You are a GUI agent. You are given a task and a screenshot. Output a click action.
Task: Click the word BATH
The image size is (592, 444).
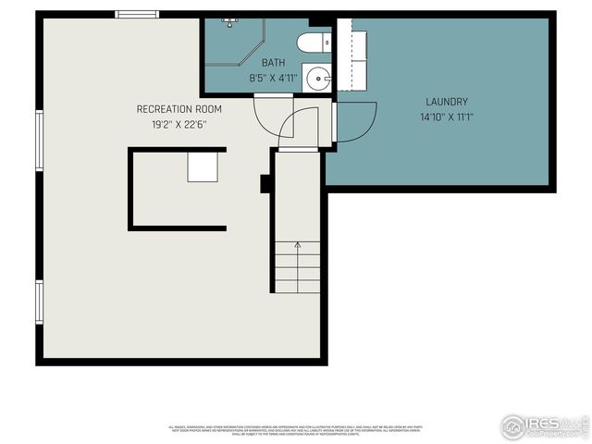(273, 63)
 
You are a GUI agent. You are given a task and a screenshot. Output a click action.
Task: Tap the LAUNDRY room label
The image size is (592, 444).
(447, 102)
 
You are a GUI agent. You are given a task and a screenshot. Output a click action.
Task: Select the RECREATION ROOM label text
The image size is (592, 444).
(179, 109)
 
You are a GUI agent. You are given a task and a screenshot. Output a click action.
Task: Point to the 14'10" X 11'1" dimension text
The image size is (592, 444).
(447, 117)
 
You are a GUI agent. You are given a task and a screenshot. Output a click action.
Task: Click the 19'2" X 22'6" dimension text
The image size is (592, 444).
(179, 125)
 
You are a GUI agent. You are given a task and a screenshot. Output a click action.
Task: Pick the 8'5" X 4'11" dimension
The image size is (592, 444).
(273, 79)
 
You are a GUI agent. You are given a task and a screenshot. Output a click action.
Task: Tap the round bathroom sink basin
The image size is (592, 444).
(318, 79)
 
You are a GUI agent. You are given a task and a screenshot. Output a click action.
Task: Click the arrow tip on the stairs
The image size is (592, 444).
(297, 244)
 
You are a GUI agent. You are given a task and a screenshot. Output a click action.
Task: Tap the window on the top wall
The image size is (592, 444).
(137, 14)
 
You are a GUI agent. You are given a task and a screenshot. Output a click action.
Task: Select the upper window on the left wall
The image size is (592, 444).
(39, 141)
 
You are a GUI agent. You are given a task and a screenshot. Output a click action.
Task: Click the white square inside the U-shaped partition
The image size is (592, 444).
(203, 167)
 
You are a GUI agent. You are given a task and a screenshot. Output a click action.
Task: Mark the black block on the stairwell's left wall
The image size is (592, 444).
(265, 183)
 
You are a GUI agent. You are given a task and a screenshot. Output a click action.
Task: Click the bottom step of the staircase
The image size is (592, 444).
(297, 287)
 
